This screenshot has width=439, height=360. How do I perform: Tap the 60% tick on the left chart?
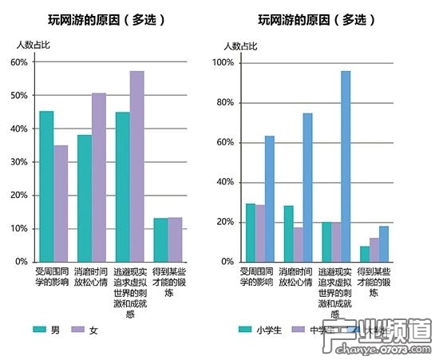(x=18, y=62)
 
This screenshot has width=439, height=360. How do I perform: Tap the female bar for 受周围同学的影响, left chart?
(x=61, y=204)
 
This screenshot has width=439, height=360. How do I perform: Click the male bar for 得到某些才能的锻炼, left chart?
(x=160, y=239)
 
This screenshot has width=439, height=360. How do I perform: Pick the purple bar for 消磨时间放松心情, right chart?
(x=298, y=244)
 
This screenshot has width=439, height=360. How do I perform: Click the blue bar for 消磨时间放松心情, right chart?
(x=307, y=188)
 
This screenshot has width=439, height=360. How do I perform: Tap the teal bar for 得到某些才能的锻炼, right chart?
(x=365, y=254)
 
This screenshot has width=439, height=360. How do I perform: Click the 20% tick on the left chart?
(x=18, y=195)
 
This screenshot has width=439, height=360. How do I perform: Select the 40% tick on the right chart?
(x=224, y=182)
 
